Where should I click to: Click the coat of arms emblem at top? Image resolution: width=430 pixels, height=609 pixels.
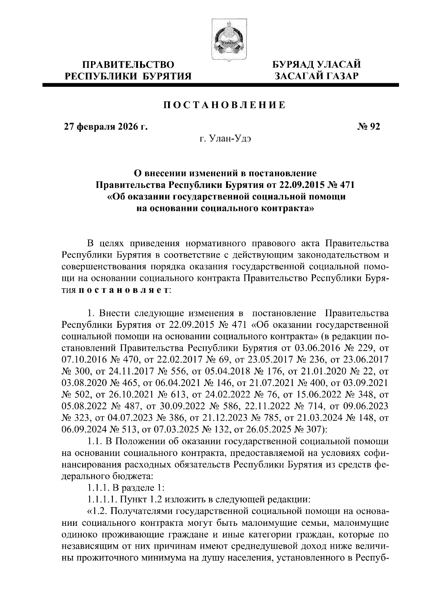pos(225,39)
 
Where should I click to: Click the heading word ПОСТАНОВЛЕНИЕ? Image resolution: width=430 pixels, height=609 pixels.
pos(225,105)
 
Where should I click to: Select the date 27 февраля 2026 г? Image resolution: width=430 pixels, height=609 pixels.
pos(106,127)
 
